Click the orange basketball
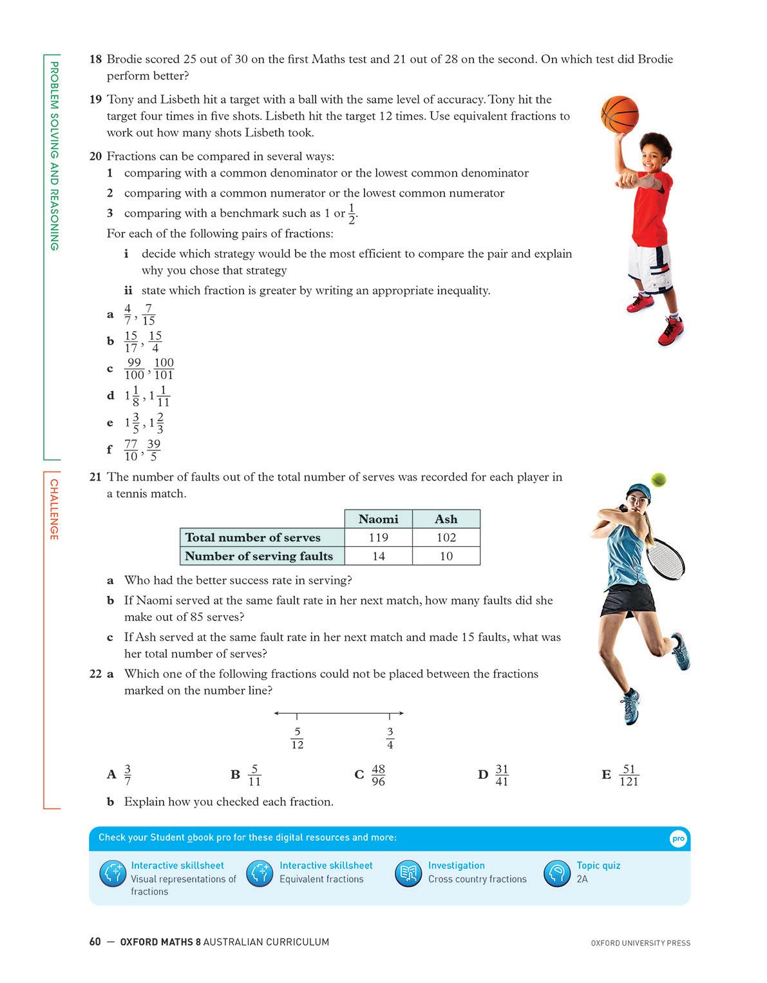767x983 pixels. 619,115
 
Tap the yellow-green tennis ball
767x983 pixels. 658,480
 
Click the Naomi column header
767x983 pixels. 378,519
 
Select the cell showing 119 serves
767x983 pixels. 378,538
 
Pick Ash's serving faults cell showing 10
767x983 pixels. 446,556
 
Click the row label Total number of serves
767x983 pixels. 252,538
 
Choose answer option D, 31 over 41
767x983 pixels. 502,775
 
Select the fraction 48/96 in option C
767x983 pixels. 378,775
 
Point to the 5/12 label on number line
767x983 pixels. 297,738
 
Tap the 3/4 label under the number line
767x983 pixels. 390,738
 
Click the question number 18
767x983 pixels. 95,59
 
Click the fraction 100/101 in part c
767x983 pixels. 164,368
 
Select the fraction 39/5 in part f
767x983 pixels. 153,450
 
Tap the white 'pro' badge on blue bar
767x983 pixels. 678,839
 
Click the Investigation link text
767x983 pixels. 456,865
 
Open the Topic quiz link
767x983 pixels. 598,865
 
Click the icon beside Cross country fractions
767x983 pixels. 408,873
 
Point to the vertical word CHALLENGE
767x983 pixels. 54,510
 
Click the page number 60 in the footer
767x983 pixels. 95,942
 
